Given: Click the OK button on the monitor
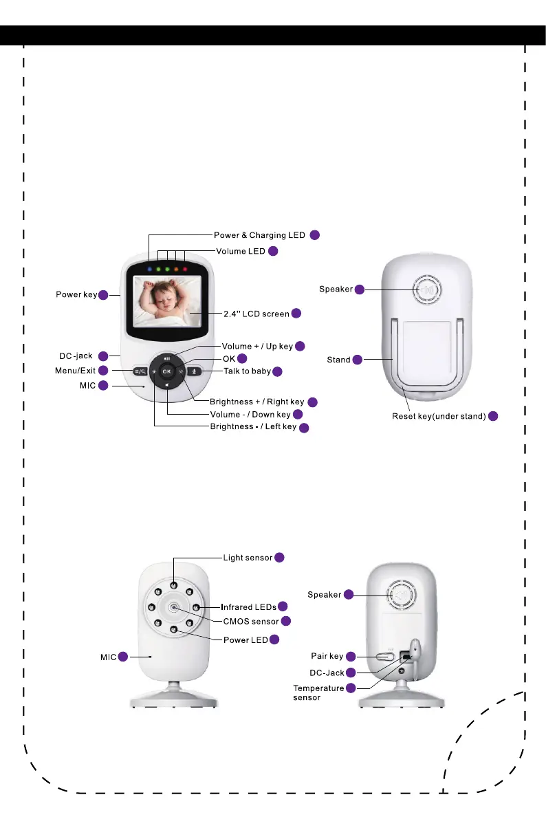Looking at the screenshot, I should pyautogui.click(x=167, y=371).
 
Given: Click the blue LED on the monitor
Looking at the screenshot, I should pyautogui.click(x=148, y=269).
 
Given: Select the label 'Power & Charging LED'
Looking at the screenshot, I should pyautogui.click(x=259, y=235).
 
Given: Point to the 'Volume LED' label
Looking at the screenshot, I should pyautogui.click(x=241, y=251).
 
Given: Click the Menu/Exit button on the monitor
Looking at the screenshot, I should pyautogui.click(x=140, y=371).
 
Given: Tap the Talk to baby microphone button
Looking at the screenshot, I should pyautogui.click(x=195, y=371).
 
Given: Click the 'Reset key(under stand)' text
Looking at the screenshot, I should pyautogui.click(x=439, y=416).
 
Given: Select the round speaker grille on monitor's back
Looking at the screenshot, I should pyautogui.click(x=427, y=290).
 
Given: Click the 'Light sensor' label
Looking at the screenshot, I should pyautogui.click(x=248, y=557).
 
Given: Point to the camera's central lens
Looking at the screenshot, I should pyautogui.click(x=173, y=607).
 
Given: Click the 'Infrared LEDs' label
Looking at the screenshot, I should pyautogui.click(x=248, y=607).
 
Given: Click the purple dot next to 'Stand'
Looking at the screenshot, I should pyautogui.click(x=357, y=360).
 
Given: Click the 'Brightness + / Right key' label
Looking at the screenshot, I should pyautogui.click(x=256, y=402).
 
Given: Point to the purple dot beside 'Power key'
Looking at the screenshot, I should pyautogui.click(x=102, y=296).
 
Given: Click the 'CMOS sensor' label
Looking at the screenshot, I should pyautogui.click(x=251, y=621).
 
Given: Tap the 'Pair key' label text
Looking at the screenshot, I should pyautogui.click(x=327, y=656).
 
